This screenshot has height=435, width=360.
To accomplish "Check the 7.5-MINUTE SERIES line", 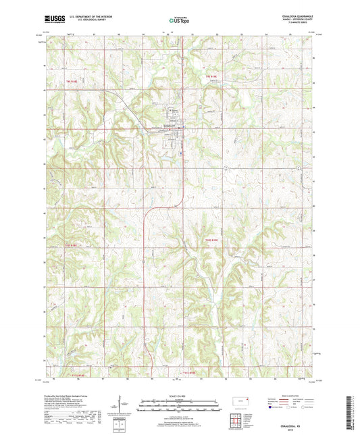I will pyautogui.click(x=301, y=22).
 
